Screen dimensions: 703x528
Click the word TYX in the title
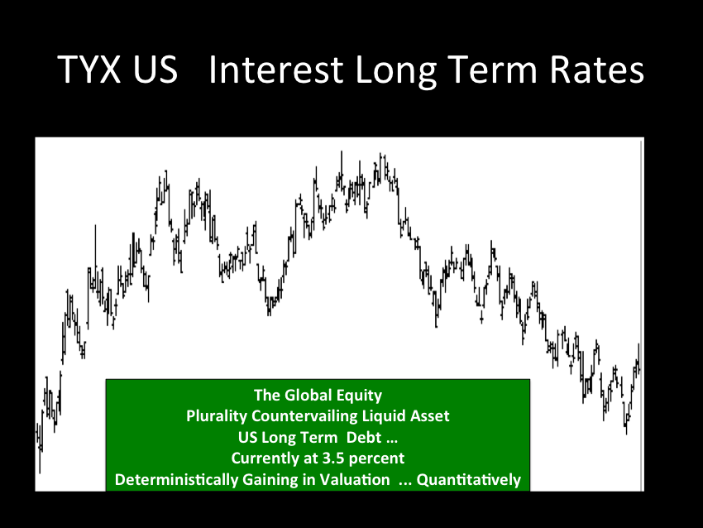tap(89, 69)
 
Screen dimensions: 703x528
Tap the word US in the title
tap(155, 69)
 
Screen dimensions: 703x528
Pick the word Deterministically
tap(177, 479)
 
